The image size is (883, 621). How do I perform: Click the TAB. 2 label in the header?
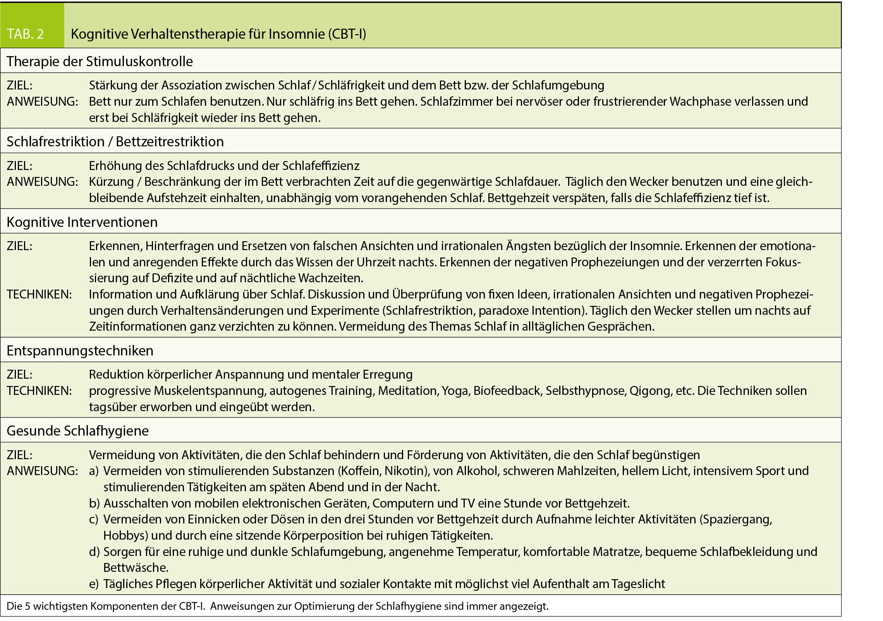25,34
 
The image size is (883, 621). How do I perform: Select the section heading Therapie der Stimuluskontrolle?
100,61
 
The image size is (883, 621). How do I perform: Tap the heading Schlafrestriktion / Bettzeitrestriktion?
115,141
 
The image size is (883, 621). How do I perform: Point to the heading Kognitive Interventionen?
82,222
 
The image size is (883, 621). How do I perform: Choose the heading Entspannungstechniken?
80,350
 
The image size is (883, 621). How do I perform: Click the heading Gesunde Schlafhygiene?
77,431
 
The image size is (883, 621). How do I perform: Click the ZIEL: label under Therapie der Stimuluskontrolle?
20,85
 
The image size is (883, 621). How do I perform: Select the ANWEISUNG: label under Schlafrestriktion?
42,181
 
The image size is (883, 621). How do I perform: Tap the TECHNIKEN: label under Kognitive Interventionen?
39,294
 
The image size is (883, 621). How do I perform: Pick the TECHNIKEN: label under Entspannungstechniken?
39,391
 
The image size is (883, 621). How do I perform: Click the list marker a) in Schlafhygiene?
94,471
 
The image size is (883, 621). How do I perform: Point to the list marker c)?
94,519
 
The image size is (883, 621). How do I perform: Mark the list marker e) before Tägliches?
94,584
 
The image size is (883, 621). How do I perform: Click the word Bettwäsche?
136,568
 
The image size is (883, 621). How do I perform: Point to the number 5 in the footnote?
27,606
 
